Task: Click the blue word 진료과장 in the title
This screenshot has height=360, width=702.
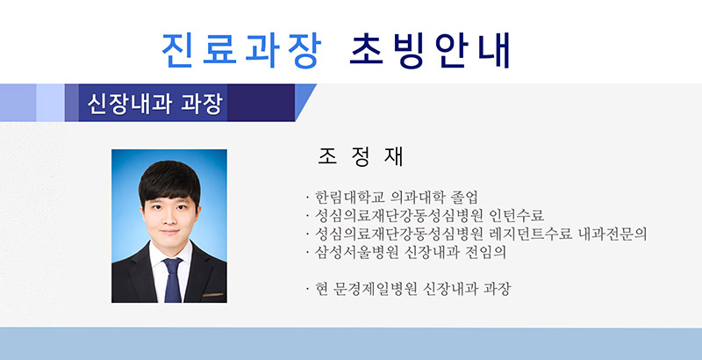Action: click(x=241, y=50)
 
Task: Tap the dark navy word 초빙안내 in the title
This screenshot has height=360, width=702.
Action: click(x=430, y=50)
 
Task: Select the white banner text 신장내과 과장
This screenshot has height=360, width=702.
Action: click(x=155, y=104)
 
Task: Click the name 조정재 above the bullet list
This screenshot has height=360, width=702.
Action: click(x=361, y=156)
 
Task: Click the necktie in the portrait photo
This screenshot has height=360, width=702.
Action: click(x=173, y=281)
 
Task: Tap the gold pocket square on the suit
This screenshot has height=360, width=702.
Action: click(x=212, y=295)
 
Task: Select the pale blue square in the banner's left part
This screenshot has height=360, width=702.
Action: click(x=50, y=103)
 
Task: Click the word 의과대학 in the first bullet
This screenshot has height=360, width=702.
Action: click(x=414, y=197)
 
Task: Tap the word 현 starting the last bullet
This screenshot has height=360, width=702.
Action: click(x=322, y=289)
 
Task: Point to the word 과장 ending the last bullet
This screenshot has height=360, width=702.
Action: click(x=498, y=289)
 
